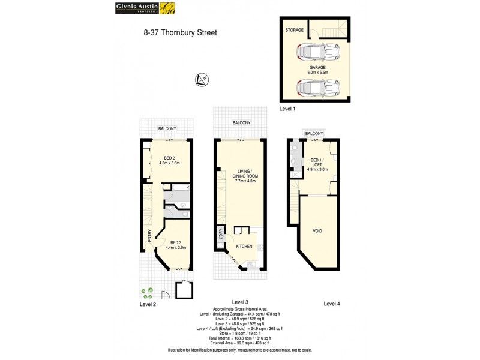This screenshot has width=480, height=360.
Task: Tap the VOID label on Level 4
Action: pos(317,230)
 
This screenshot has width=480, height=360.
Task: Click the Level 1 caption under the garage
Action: pos(289,109)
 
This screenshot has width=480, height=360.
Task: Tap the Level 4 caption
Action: pos(332,304)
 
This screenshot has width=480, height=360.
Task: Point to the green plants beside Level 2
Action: pos(148,293)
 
